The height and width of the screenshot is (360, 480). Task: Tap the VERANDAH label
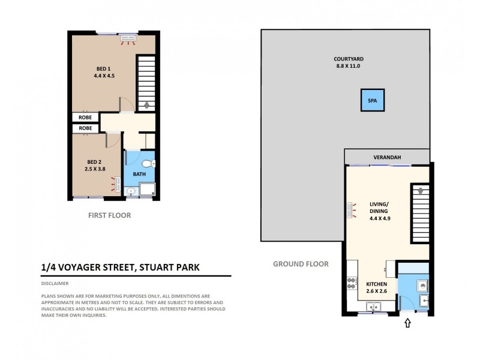click(x=387, y=157)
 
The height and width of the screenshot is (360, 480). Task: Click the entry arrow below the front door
click(x=409, y=323)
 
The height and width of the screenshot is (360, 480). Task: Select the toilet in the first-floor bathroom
click(x=148, y=164)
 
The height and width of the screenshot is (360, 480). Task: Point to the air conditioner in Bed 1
click(x=129, y=39)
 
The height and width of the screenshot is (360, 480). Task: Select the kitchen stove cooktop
click(x=350, y=284)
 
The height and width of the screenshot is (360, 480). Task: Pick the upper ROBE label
click(x=86, y=118)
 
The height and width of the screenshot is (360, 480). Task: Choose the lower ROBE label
click(x=86, y=128)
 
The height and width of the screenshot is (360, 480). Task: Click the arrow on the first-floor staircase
click(x=146, y=104)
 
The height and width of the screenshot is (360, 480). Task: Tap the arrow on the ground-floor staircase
click(x=421, y=191)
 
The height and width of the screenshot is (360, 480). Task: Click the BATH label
click(x=139, y=174)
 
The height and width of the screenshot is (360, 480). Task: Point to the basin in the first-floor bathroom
click(x=131, y=192)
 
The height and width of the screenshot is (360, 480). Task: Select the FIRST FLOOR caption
click(x=110, y=215)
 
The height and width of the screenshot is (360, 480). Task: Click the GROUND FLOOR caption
click(x=301, y=263)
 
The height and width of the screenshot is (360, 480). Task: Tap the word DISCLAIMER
click(x=55, y=283)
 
